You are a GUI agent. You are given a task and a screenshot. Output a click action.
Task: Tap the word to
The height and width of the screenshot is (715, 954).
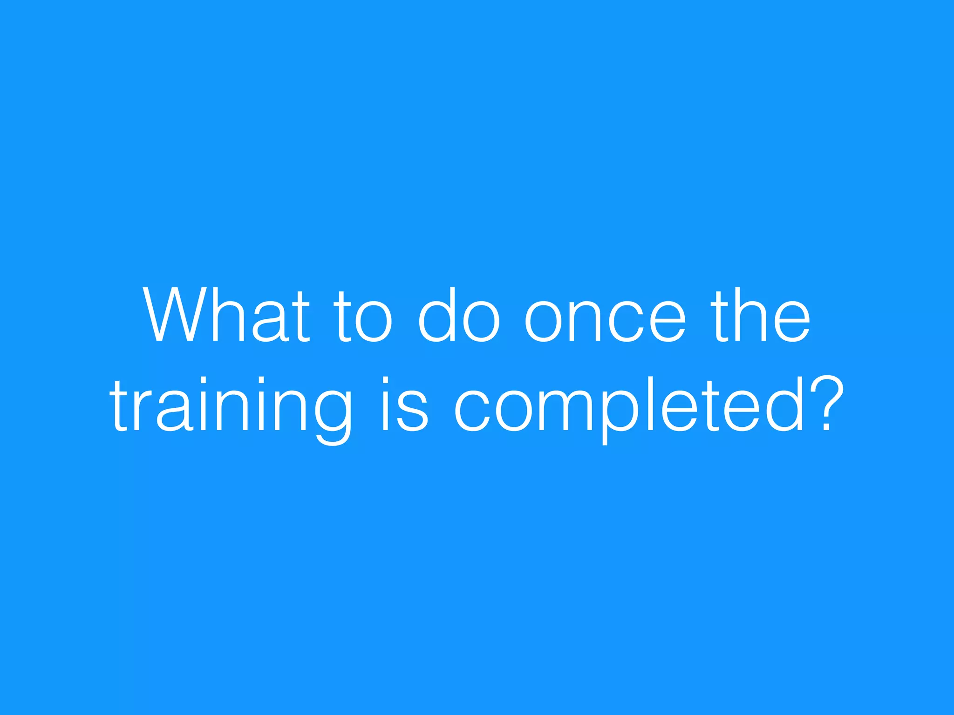click(363, 317)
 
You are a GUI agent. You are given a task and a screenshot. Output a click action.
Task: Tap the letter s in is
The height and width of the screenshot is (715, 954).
click(413, 410)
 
